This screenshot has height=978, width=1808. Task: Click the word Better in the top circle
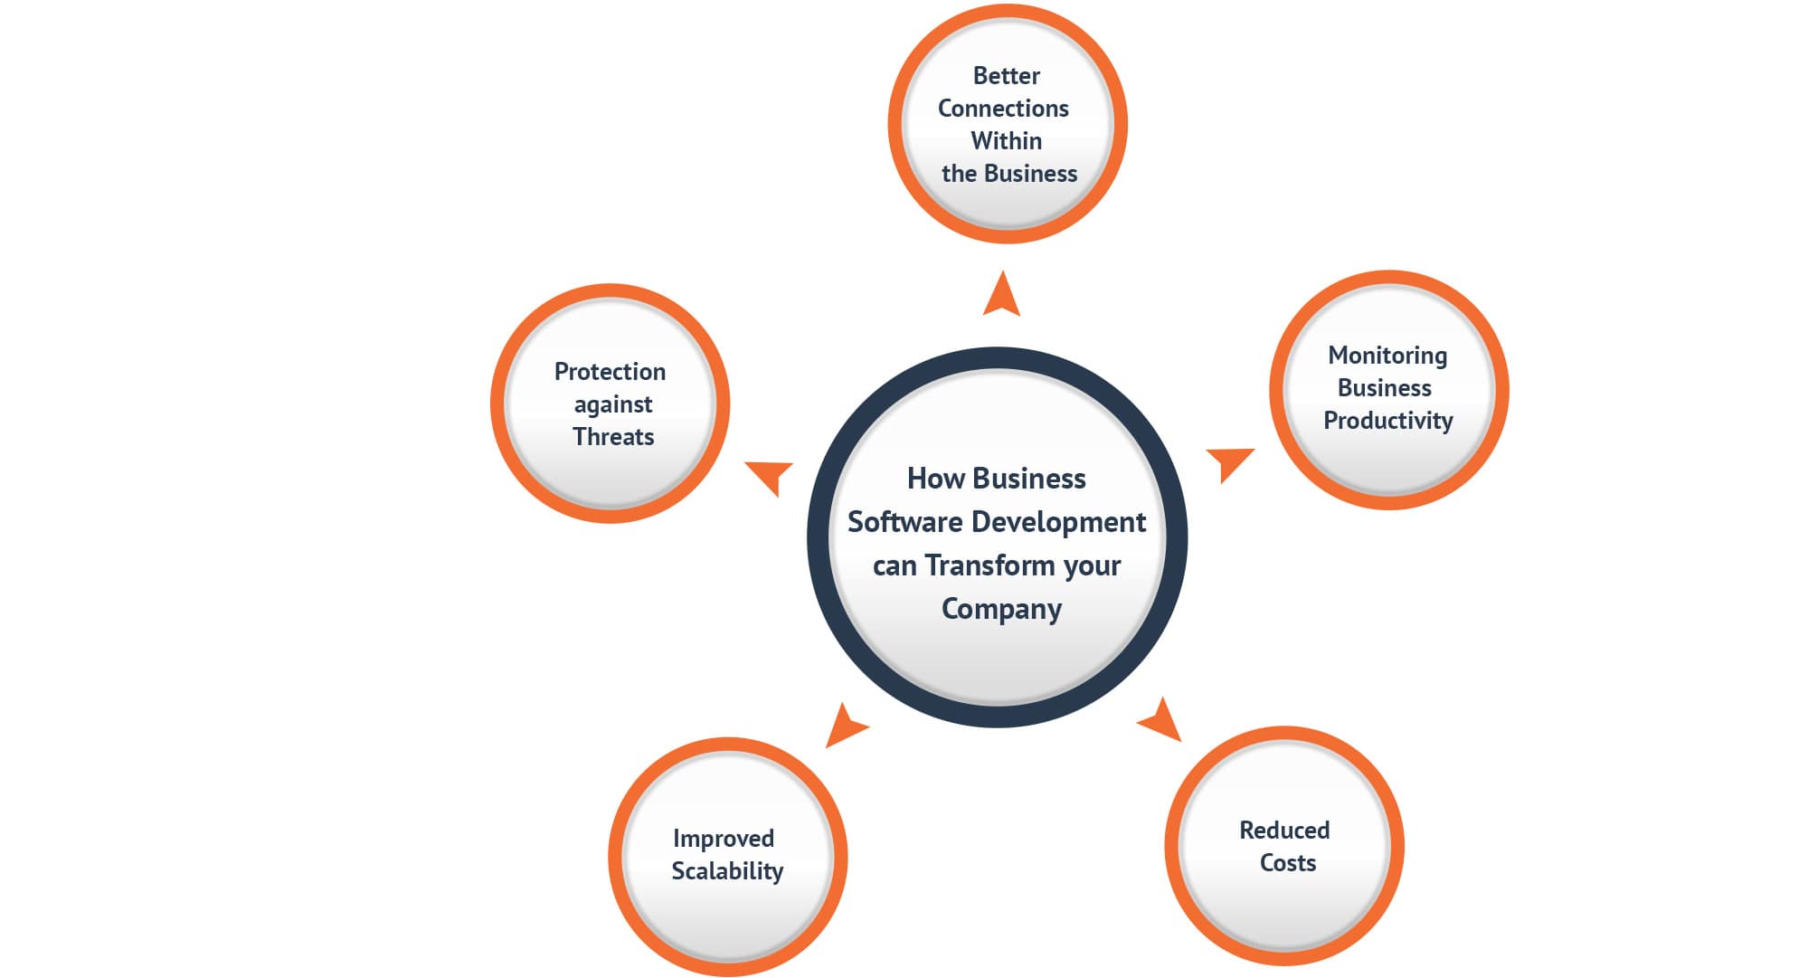[x=1006, y=76]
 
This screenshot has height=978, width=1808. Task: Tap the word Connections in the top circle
[x=1003, y=109]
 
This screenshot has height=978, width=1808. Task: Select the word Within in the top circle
[x=1006, y=141]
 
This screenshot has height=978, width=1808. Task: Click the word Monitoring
[x=1387, y=356]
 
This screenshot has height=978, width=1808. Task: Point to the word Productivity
[x=1387, y=421]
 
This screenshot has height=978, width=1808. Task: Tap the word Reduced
[x=1283, y=831]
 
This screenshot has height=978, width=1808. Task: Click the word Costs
[x=1287, y=863]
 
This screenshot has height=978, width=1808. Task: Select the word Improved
[x=723, y=839]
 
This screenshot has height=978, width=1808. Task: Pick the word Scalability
[x=726, y=871]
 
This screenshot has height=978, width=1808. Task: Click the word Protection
[x=610, y=372]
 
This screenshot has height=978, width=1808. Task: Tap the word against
[x=612, y=404]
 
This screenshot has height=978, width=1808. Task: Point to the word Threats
[x=612, y=437]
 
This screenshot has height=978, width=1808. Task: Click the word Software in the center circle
[x=904, y=522]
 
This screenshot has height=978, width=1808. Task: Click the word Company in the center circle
[x=1001, y=609]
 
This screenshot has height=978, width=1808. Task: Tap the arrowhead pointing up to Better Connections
[x=1001, y=297]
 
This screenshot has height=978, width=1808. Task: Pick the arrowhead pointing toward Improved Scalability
[x=845, y=726]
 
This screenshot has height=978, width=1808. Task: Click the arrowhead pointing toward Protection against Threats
[x=771, y=474]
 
